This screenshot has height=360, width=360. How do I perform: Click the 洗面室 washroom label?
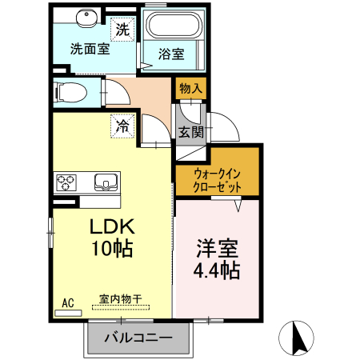(90, 48)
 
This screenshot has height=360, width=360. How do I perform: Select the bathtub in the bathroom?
(174, 30)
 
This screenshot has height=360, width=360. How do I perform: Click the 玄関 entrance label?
(190, 132)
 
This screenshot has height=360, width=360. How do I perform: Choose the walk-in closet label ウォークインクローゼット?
(218, 177)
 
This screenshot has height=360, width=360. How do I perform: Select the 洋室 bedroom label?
(217, 248)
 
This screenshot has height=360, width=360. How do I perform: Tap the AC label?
(68, 302)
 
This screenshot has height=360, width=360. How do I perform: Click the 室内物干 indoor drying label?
(120, 300)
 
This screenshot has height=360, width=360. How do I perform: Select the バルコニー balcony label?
(138, 338)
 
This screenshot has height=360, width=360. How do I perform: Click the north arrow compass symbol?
(297, 337)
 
